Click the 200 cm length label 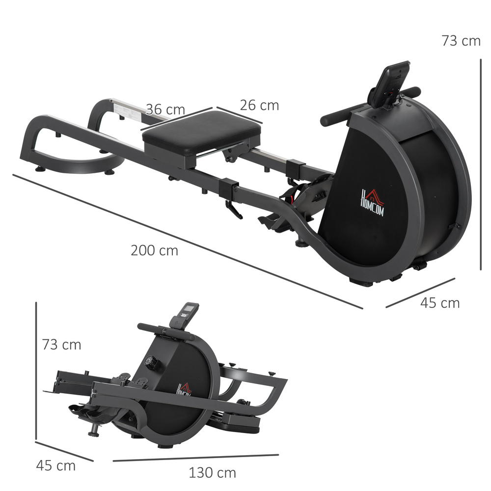point(154,250)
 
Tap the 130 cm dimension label point(212,473)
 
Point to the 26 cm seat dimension point(259,105)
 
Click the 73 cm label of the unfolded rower point(461,41)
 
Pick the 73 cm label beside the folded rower point(61,345)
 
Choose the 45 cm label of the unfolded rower point(440,303)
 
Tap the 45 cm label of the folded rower point(56,465)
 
